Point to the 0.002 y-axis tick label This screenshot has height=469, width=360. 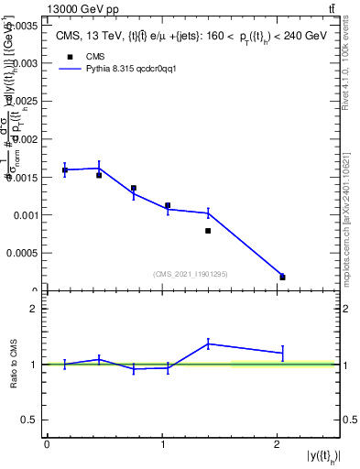tap(23, 139)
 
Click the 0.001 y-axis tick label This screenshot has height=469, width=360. tap(23, 215)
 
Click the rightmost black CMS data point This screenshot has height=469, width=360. tap(282, 277)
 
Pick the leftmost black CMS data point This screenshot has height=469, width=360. tap(65, 170)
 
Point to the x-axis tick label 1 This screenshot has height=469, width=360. tap(162, 444)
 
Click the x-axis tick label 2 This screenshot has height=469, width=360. tap(277, 444)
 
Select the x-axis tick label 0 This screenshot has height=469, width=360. tap(47, 444)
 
